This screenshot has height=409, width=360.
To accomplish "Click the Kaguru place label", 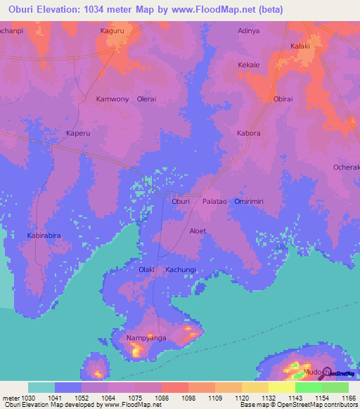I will click(x=115, y=31).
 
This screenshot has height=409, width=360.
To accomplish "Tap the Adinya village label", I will click(x=250, y=31).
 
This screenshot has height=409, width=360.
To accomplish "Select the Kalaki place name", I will click(x=301, y=46).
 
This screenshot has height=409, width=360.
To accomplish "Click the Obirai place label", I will click(x=283, y=99).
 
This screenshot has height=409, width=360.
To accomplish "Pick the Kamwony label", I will click(x=112, y=99).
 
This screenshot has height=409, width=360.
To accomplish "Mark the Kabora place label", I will click(x=248, y=133).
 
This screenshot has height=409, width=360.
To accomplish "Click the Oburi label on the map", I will click(x=181, y=201).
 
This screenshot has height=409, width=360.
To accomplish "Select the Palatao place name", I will click(x=215, y=201).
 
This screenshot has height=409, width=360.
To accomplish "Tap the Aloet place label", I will click(x=198, y=231).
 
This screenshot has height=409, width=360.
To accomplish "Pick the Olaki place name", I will click(x=146, y=269).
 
